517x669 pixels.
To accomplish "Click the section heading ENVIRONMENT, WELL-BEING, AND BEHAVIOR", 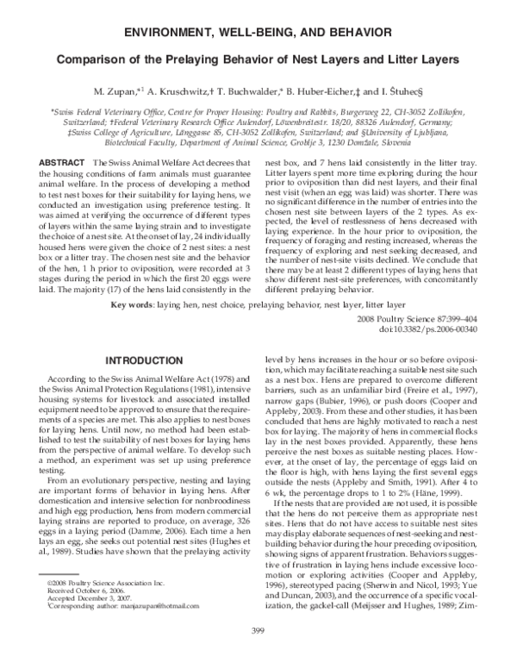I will click(258, 32).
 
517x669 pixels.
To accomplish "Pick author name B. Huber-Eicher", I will click(328, 90).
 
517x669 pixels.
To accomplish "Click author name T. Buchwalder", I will click(259, 90).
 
